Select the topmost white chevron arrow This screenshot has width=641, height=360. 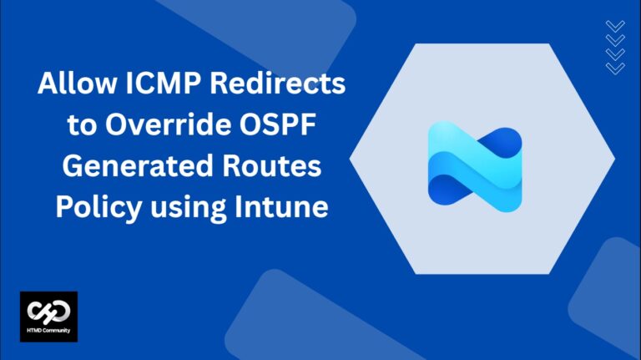(614, 27)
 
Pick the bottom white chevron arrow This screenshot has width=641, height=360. (614, 67)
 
